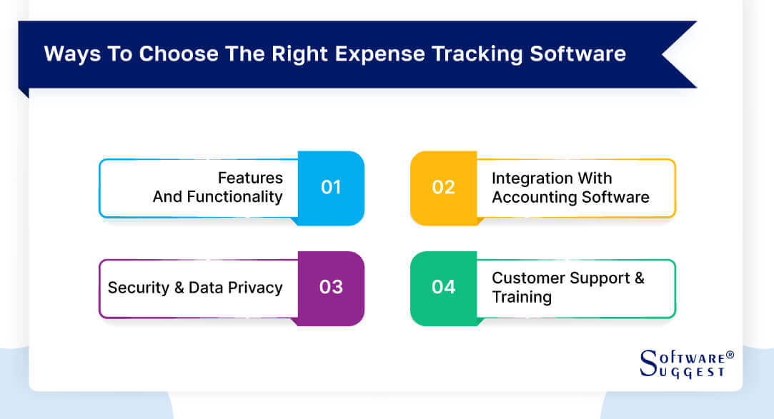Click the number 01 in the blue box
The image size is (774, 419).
coord(331,188)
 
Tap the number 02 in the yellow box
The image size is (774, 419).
coord(443,188)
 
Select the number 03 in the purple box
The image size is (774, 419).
coord(331,288)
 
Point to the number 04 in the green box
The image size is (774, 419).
coord(443,288)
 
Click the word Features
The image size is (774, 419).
coord(250,178)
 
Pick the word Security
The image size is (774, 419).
coord(138,288)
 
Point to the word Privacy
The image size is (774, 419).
coord(255,288)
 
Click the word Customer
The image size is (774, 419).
coord(525,278)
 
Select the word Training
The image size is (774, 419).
coord(522,297)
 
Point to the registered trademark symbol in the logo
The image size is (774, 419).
coord(730,355)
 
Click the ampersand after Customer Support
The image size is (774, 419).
coord(638,278)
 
